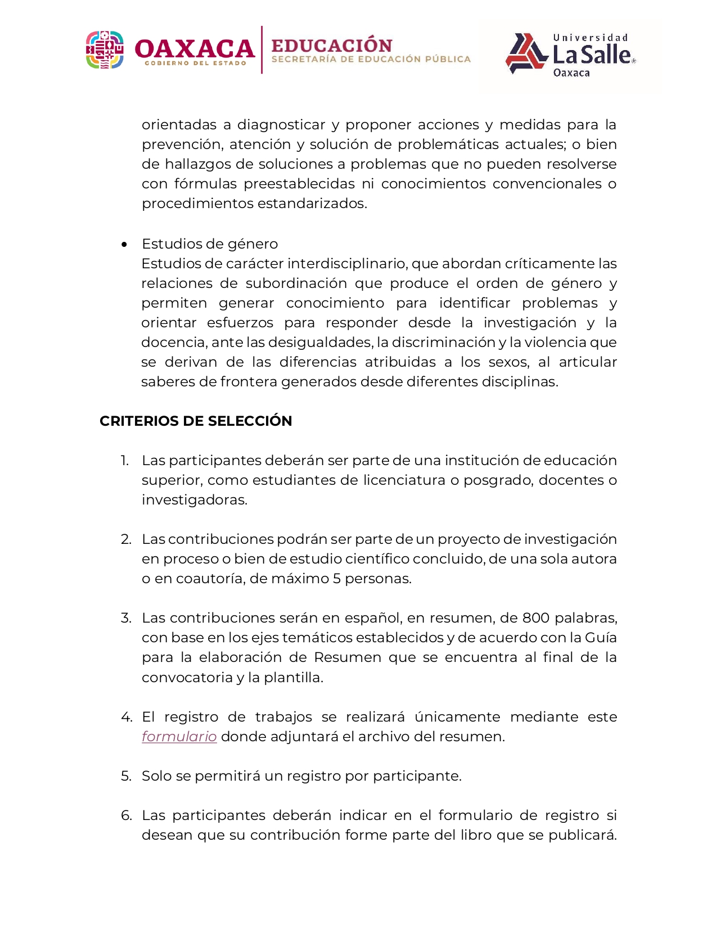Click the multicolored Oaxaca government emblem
pos(105,50)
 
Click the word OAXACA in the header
pos(195,49)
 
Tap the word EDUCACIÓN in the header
pos(332,46)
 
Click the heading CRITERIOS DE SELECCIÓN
pos(196,421)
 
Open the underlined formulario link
pos(179,736)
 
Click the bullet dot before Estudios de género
pos(124,244)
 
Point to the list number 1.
pos(124,461)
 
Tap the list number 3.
pos(125,618)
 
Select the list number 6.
pos(126,816)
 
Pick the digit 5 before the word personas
pos(337,579)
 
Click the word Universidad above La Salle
pos(590,38)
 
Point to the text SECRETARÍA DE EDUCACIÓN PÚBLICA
pos(371,59)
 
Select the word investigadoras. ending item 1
pos(194,500)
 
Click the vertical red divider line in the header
pos(261,49)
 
